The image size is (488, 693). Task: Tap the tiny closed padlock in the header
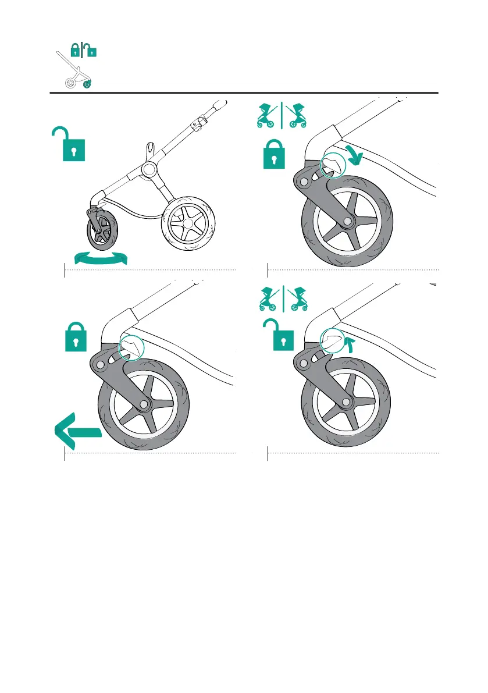74,51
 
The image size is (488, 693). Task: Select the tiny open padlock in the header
91,51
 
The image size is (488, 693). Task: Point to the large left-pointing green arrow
77,431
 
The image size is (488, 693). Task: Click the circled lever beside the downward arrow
332,165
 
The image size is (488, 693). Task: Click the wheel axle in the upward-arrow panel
347,402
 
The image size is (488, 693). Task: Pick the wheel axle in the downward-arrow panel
347,222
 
